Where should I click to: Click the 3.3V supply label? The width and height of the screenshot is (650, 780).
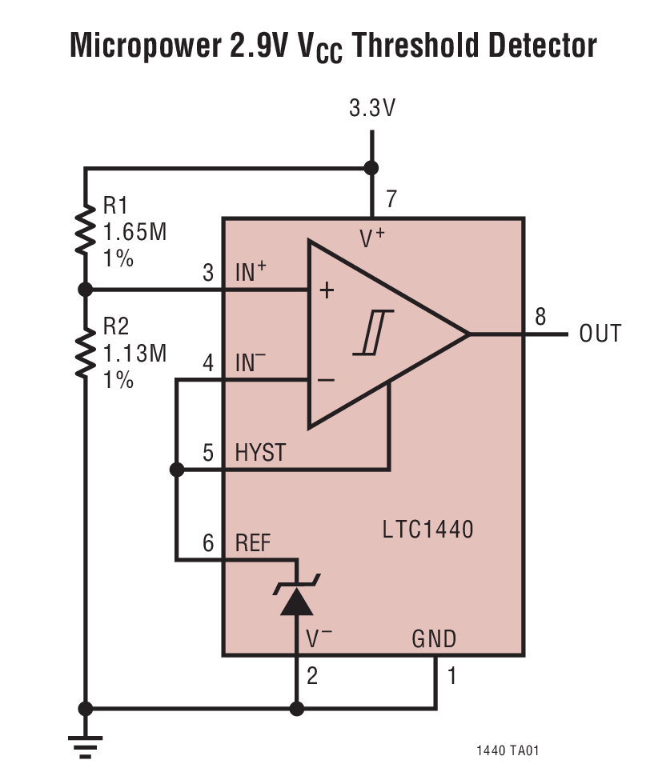pos(371,109)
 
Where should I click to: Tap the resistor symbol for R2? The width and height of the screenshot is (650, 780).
pos(85,350)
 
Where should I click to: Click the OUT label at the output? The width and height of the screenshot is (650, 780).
pos(600,334)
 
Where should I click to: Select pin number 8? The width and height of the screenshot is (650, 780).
pos(540,316)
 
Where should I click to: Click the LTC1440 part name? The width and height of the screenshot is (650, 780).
pos(428,529)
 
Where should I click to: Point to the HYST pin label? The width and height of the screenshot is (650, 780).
pos(260,453)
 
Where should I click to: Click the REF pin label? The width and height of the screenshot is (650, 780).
pos(253,544)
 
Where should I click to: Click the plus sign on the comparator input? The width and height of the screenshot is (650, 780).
pos(326,290)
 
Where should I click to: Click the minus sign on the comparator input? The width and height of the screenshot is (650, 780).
pos(326,379)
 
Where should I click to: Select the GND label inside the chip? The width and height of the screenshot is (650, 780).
pos(433,638)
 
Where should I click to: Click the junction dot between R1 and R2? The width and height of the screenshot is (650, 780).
pos(85,289)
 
